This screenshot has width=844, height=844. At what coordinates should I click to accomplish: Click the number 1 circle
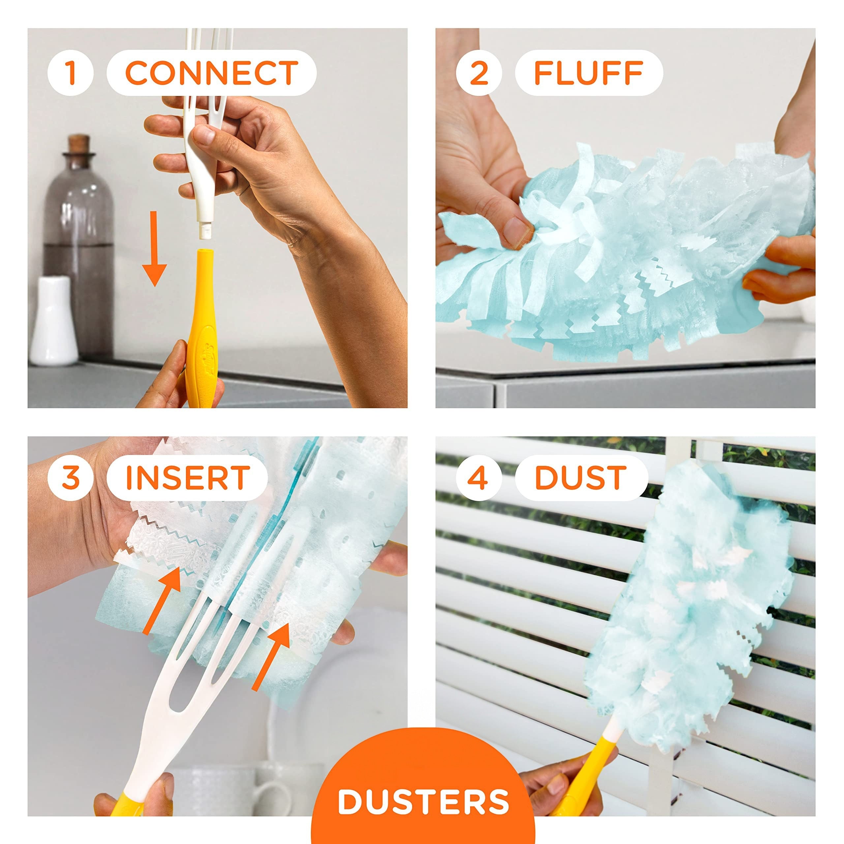pyautogui.click(x=71, y=73)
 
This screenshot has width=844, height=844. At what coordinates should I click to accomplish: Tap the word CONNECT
pyautogui.click(x=211, y=73)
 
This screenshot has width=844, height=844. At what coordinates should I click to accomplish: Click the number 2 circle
pyautogui.click(x=479, y=73)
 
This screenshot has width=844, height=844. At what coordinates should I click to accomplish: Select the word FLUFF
pyautogui.click(x=588, y=73)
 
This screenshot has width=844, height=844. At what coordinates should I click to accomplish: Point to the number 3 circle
pyautogui.click(x=71, y=477)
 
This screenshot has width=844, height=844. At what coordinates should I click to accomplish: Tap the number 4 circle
pyautogui.click(x=479, y=477)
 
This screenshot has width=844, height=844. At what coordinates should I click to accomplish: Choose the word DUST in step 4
pyautogui.click(x=581, y=477)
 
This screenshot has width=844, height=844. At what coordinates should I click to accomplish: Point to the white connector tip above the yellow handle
pyautogui.click(x=203, y=227)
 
